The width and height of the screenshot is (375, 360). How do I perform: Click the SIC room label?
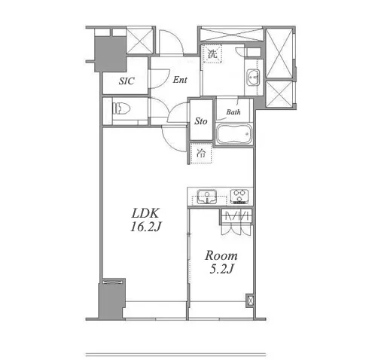point(127,81)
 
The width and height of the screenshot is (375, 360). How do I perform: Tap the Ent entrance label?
point(180,80)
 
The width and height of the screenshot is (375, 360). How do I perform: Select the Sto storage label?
point(201,121)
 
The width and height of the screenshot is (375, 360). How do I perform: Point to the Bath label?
point(233,111)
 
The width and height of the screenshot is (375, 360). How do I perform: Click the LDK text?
point(145,213)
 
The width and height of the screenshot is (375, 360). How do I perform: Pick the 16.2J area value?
point(145,227)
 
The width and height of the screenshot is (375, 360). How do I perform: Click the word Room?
point(221,255)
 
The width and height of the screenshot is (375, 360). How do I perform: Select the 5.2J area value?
point(221,269)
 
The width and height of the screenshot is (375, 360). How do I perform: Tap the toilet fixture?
point(121,108)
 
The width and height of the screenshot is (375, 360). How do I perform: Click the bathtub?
point(233,134)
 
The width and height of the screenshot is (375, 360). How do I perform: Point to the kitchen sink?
point(207,197)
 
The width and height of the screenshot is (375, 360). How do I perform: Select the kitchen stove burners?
point(239,196)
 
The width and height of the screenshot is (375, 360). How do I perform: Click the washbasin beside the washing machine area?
point(253,77)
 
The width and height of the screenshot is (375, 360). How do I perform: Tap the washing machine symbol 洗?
point(212,53)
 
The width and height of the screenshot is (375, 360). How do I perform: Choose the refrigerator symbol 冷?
point(201,153)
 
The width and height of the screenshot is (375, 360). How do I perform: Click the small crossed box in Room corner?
point(250,300)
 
